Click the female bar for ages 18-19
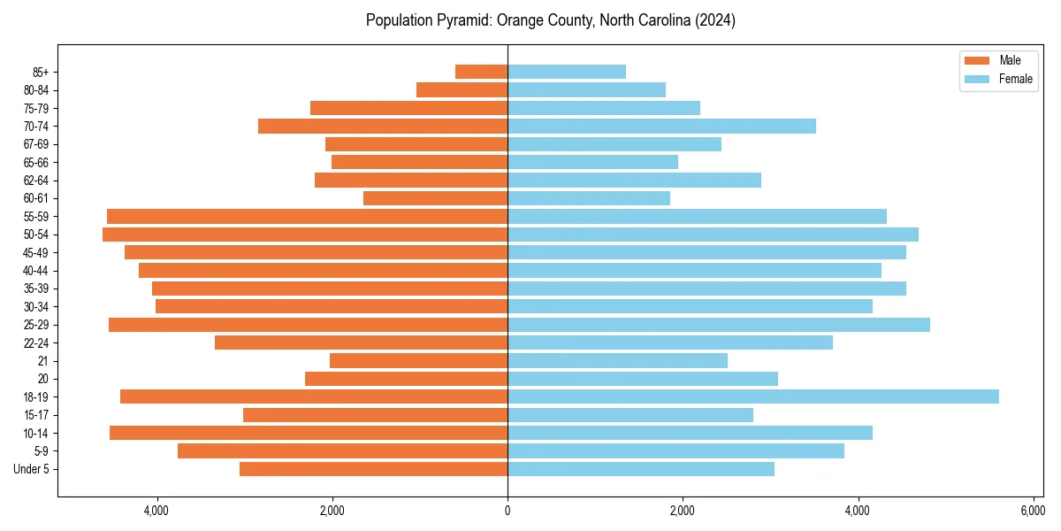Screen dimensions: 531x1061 752,396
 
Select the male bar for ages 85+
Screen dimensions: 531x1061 481,72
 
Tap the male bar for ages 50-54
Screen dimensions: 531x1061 305,235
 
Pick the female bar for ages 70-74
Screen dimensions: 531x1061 661,126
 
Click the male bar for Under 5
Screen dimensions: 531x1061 373,469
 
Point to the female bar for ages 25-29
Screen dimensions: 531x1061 718,325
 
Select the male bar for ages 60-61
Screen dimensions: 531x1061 435,198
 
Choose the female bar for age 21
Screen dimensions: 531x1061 617,360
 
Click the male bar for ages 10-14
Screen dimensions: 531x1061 309,433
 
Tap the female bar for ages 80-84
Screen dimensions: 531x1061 586,89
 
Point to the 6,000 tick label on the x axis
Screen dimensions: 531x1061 1032,511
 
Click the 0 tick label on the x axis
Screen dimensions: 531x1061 508,511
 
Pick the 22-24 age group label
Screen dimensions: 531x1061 36,342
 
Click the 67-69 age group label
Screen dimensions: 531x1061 36,144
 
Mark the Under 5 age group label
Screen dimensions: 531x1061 32,469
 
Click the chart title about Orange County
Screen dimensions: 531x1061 550,20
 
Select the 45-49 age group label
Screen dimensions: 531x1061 36,252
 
